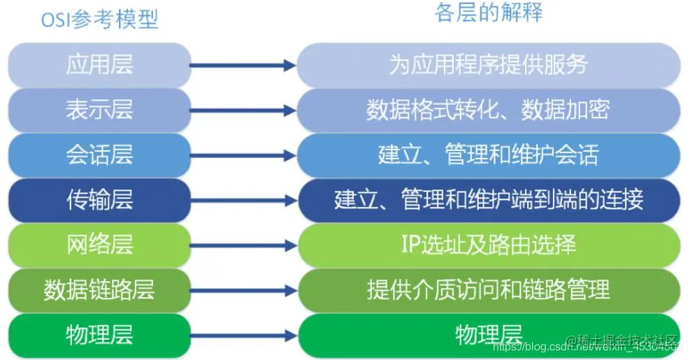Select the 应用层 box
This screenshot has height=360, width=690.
click(x=99, y=65)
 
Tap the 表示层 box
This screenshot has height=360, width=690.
click(x=99, y=110)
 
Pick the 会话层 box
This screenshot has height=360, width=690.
click(x=99, y=154)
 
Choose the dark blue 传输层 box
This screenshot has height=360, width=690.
click(x=99, y=200)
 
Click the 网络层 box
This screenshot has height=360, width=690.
click(x=99, y=245)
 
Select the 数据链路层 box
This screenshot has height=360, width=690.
click(x=99, y=289)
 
